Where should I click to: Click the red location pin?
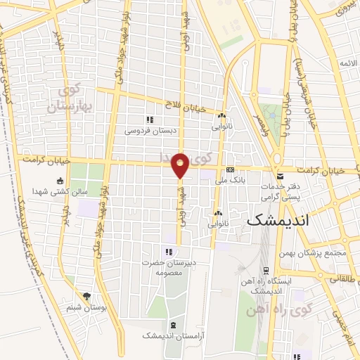point(181,164)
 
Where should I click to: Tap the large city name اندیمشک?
point(281,219)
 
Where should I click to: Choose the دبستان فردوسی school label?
point(148,131)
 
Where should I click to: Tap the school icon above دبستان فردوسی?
point(148,120)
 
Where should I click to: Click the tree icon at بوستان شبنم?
point(86,297)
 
